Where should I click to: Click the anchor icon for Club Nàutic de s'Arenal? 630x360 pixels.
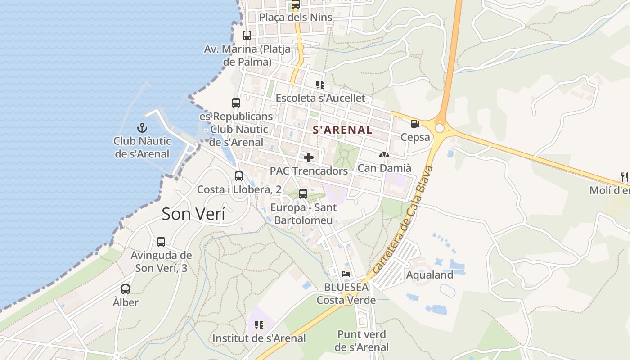click(142, 128)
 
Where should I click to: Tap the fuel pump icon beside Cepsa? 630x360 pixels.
click(415, 123)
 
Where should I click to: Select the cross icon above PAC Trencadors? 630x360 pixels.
click(309, 157)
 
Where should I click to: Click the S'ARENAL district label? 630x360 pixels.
click(342, 130)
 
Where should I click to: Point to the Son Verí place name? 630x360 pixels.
click(193, 214)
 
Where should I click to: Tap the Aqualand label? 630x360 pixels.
click(430, 274)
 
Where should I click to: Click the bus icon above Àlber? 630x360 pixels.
click(126, 289)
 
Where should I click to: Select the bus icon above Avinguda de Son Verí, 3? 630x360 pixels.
click(161, 242)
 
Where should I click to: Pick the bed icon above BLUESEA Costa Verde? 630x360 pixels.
click(346, 274)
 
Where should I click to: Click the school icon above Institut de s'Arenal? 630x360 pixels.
click(259, 324)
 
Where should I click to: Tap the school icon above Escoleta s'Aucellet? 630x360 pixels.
click(320, 85)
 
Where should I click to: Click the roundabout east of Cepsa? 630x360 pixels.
click(440, 129)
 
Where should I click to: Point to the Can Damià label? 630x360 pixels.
click(384, 168)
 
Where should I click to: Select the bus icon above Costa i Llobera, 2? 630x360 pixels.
click(239, 176)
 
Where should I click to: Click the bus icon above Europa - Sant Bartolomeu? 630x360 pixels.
click(303, 194)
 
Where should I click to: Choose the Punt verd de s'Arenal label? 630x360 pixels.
click(362, 341)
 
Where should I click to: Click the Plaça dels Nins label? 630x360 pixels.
click(296, 18)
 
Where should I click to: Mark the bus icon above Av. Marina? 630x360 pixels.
click(247, 36)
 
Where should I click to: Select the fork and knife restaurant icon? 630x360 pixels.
click(624, 177)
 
